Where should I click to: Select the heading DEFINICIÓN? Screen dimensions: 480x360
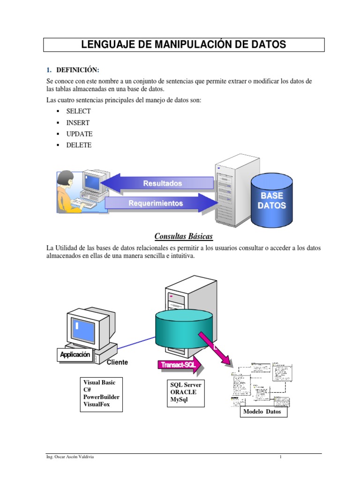pyautogui.click(x=78, y=70)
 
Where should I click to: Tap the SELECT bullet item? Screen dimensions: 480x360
pyautogui.click(x=79, y=112)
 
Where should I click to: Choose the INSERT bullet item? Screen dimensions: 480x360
pyautogui.click(x=78, y=123)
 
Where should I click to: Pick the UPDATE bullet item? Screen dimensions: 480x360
pyautogui.click(x=79, y=134)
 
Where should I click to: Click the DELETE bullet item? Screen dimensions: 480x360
pyautogui.click(x=79, y=145)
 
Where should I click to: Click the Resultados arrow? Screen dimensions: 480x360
pyautogui.click(x=159, y=183)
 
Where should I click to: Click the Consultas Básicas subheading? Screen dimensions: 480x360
pyautogui.click(x=184, y=236)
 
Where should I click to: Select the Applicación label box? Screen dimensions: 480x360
pyautogui.click(x=75, y=355)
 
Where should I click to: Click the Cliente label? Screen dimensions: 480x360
pyautogui.click(x=117, y=362)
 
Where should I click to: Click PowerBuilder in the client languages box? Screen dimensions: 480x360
pyautogui.click(x=101, y=397)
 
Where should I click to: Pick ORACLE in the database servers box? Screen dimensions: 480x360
pyautogui.click(x=183, y=392)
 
